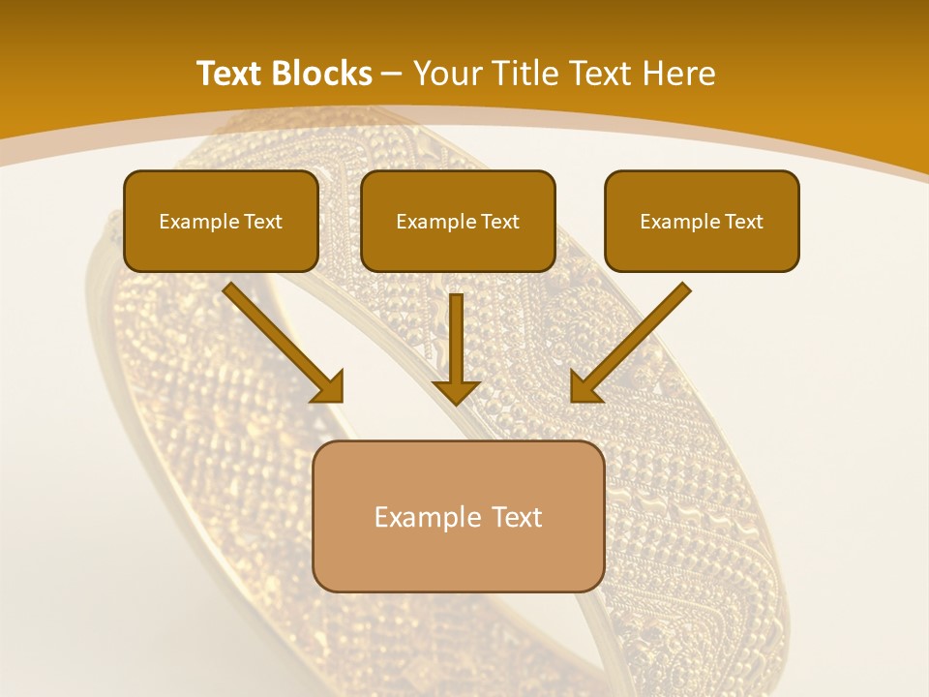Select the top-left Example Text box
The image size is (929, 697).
click(x=221, y=221)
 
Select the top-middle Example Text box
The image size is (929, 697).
click(x=458, y=221)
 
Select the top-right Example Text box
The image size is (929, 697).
click(x=702, y=221)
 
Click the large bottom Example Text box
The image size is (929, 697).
click(x=459, y=516)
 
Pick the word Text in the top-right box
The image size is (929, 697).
click(x=743, y=222)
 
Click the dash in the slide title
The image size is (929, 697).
click(x=392, y=74)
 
